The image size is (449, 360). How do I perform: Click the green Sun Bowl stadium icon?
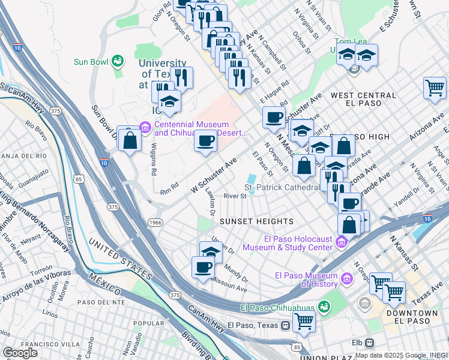[117, 61]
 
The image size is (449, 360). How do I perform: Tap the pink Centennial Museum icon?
[145, 127]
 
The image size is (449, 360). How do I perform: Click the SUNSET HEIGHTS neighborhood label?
[247, 221]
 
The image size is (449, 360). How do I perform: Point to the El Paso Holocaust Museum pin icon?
[342, 242]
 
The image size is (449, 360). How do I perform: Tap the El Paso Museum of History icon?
[346, 279]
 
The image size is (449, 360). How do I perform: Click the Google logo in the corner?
[20, 353]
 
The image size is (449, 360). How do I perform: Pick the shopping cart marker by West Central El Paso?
[435, 88]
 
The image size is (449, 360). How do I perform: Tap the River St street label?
[235, 196]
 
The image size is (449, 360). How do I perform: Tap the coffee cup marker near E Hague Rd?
[274, 116]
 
